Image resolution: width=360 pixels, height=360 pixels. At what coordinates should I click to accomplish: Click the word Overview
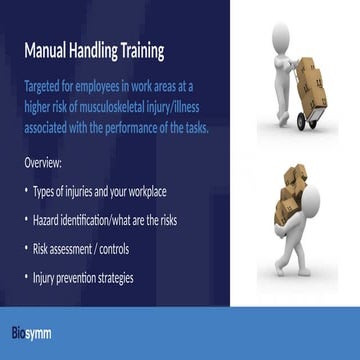pyautogui.click(x=44, y=161)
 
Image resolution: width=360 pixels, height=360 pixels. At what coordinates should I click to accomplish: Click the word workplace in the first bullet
pyautogui.click(x=175, y=190)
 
